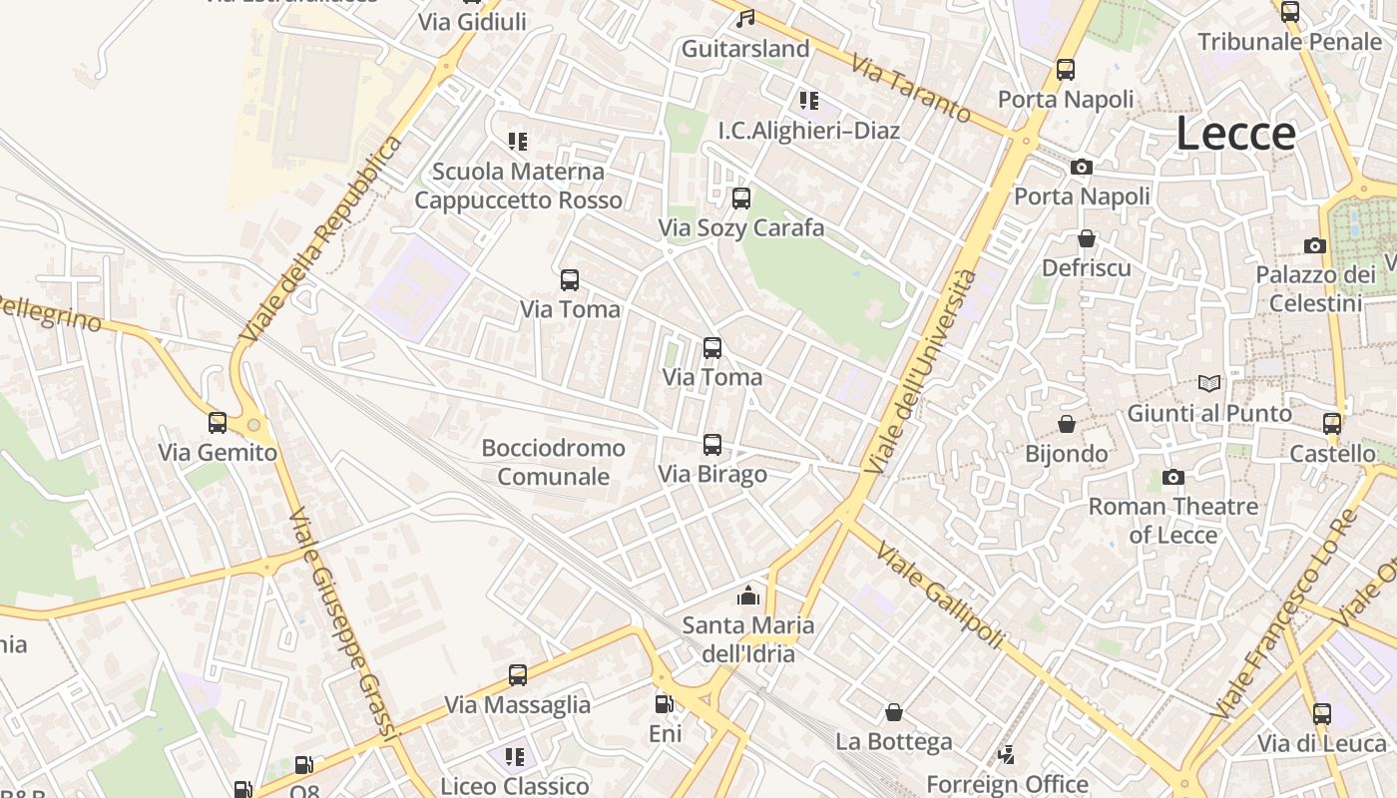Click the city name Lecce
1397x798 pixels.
click(1235, 134)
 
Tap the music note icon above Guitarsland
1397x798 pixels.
click(744, 18)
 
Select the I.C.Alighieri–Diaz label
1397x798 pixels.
click(808, 131)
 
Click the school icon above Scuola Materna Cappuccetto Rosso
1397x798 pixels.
click(517, 142)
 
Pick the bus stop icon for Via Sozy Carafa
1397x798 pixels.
click(740, 199)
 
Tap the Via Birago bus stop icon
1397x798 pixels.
click(711, 445)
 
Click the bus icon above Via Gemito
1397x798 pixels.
click(218, 423)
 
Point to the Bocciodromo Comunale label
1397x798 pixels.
click(554, 462)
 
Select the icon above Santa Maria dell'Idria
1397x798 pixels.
click(747, 597)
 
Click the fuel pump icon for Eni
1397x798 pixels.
click(664, 704)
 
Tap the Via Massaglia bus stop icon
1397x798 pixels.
click(517, 675)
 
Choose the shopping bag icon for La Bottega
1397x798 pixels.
click(894, 712)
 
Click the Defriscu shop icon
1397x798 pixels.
click(1086, 238)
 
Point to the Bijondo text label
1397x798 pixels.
click(1067, 454)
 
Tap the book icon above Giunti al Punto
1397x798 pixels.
click(1208, 383)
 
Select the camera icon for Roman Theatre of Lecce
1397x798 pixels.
click(1172, 477)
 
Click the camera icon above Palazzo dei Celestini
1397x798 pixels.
click(1314, 245)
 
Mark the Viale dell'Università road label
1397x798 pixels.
click(920, 371)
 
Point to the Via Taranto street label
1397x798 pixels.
click(910, 89)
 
